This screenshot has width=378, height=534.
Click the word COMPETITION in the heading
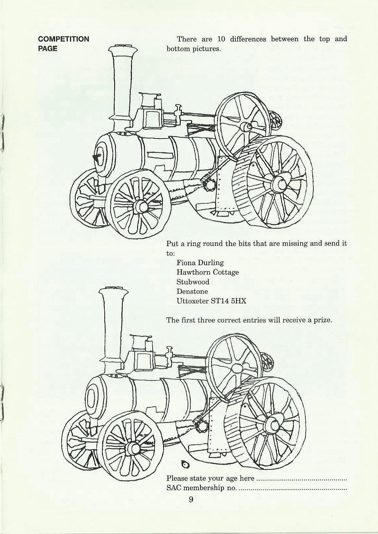(64, 39)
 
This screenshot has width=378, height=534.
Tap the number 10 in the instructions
(221, 39)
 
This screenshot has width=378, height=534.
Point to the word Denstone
(192, 291)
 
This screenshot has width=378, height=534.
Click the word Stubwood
(193, 282)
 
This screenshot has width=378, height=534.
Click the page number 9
(191, 509)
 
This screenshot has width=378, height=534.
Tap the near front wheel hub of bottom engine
(133, 448)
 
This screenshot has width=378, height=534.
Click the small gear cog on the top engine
(209, 185)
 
